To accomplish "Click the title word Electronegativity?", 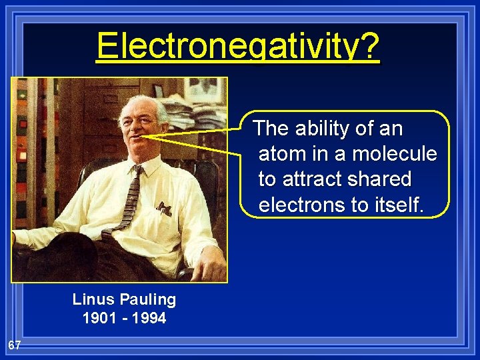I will point(238,45).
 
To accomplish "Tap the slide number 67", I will point(15,345).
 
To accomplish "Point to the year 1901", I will point(98,318).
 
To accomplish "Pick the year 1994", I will point(149,318).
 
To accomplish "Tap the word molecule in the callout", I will point(395,153).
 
